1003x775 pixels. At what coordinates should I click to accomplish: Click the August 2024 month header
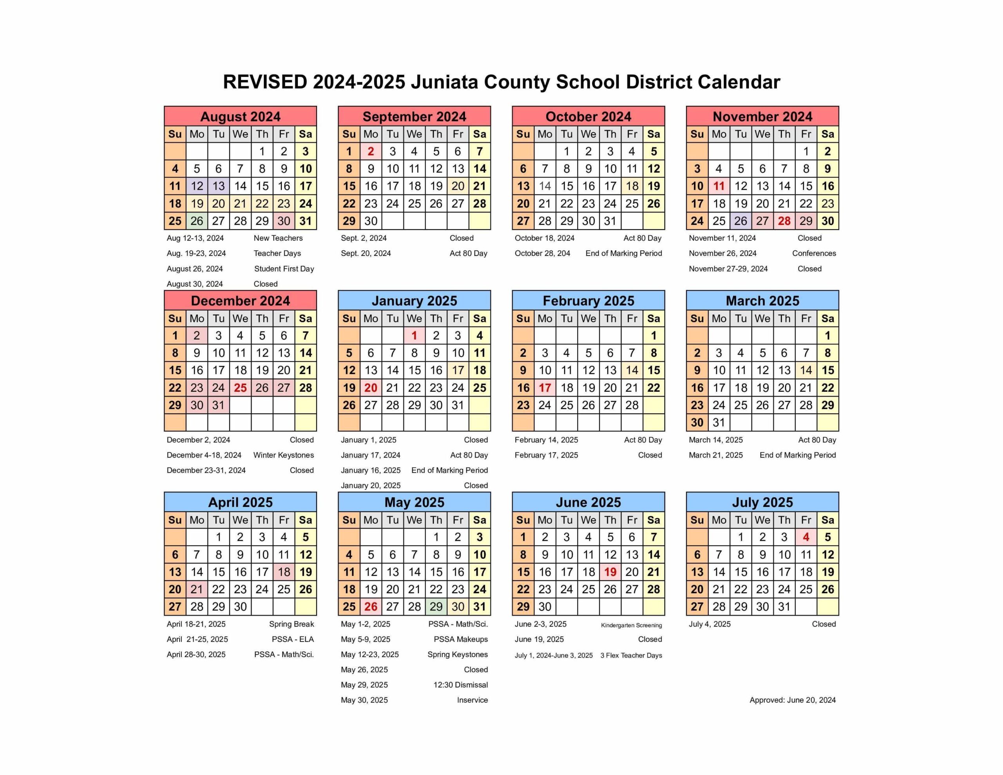tap(240, 117)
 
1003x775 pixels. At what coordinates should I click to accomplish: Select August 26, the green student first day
tap(197, 221)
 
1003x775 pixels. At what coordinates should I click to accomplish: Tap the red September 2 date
tap(371, 152)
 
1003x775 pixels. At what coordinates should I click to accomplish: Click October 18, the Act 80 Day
tap(632, 186)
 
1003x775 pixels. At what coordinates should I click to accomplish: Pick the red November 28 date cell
tap(784, 221)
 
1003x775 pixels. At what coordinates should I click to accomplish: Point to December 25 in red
tap(240, 388)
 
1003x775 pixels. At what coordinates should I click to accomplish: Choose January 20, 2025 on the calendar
tap(371, 388)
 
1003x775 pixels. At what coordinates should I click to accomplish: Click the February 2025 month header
tap(588, 301)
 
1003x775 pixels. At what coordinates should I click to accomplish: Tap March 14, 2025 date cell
tap(806, 370)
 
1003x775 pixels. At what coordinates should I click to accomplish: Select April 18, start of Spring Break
tap(284, 572)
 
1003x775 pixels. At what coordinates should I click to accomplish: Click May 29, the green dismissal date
tap(436, 607)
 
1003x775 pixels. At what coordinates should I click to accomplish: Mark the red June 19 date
tap(610, 572)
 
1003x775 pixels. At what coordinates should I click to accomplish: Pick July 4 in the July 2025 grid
tap(806, 537)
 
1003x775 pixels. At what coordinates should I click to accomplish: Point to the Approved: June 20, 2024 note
tap(792, 700)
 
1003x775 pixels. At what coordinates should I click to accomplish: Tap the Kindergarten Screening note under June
tap(632, 625)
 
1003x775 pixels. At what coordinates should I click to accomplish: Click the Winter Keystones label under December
tap(283, 455)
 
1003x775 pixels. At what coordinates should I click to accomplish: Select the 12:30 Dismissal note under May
tap(460, 685)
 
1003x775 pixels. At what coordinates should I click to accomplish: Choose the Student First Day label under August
tap(284, 269)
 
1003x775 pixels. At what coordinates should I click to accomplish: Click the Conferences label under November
tap(814, 254)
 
